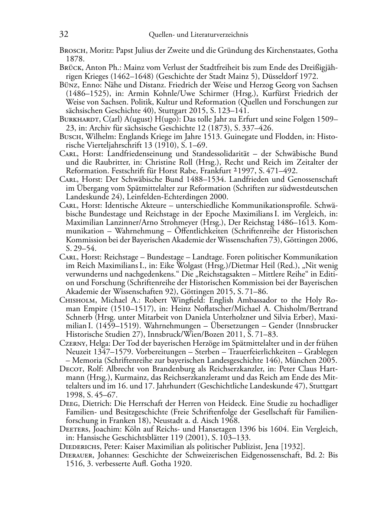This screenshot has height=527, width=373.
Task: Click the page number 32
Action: point(64,35)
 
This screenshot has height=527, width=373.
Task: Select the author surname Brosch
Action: point(73,51)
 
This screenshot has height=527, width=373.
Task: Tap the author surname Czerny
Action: point(72,343)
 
